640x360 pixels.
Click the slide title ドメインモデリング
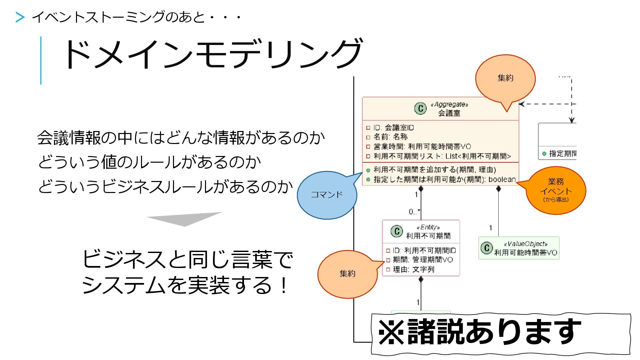[x=212, y=54]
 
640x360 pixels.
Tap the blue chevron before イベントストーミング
[x=20, y=17]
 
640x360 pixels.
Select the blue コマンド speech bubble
[x=327, y=195]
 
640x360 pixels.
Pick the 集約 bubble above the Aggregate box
[x=505, y=78]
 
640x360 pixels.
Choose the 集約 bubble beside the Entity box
[x=347, y=274]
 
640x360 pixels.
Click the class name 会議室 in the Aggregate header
[x=449, y=113]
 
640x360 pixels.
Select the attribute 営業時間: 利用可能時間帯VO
[x=422, y=147]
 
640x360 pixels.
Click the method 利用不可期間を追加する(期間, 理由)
[x=434, y=170]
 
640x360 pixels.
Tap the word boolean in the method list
[x=502, y=179]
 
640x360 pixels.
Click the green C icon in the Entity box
[x=397, y=231]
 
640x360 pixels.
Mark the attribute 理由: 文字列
[x=413, y=269]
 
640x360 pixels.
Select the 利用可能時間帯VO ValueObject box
[x=519, y=248]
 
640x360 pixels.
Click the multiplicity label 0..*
[x=414, y=212]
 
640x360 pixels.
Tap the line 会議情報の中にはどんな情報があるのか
[x=181, y=138]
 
